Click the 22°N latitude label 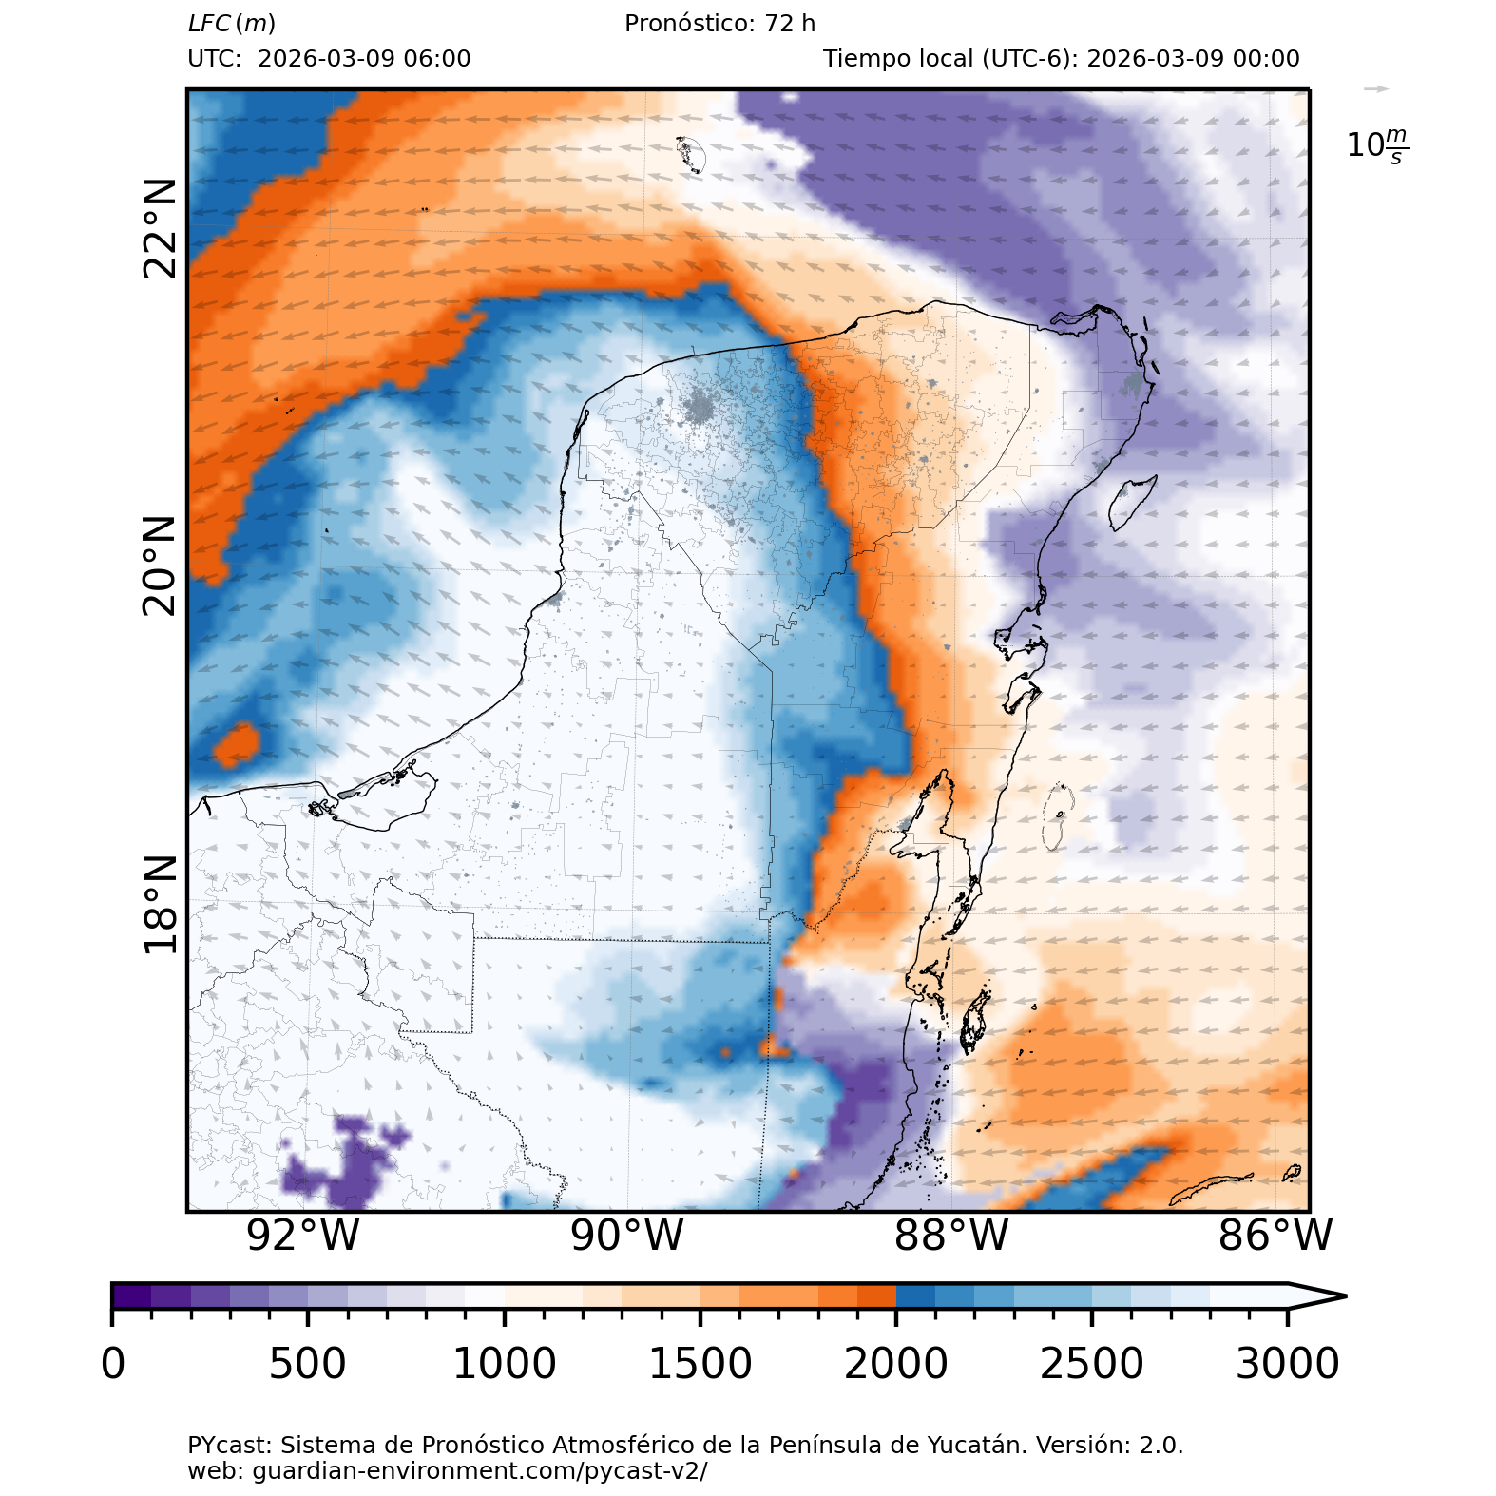(160, 228)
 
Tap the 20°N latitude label (160, 566)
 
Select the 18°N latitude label (160, 904)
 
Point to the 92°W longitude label (303, 1236)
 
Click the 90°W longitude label (627, 1236)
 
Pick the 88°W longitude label (951, 1236)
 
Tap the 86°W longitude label (1275, 1236)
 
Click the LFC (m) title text (232, 24)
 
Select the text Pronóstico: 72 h (719, 24)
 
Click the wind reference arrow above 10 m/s (1376, 89)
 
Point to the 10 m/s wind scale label (1377, 145)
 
